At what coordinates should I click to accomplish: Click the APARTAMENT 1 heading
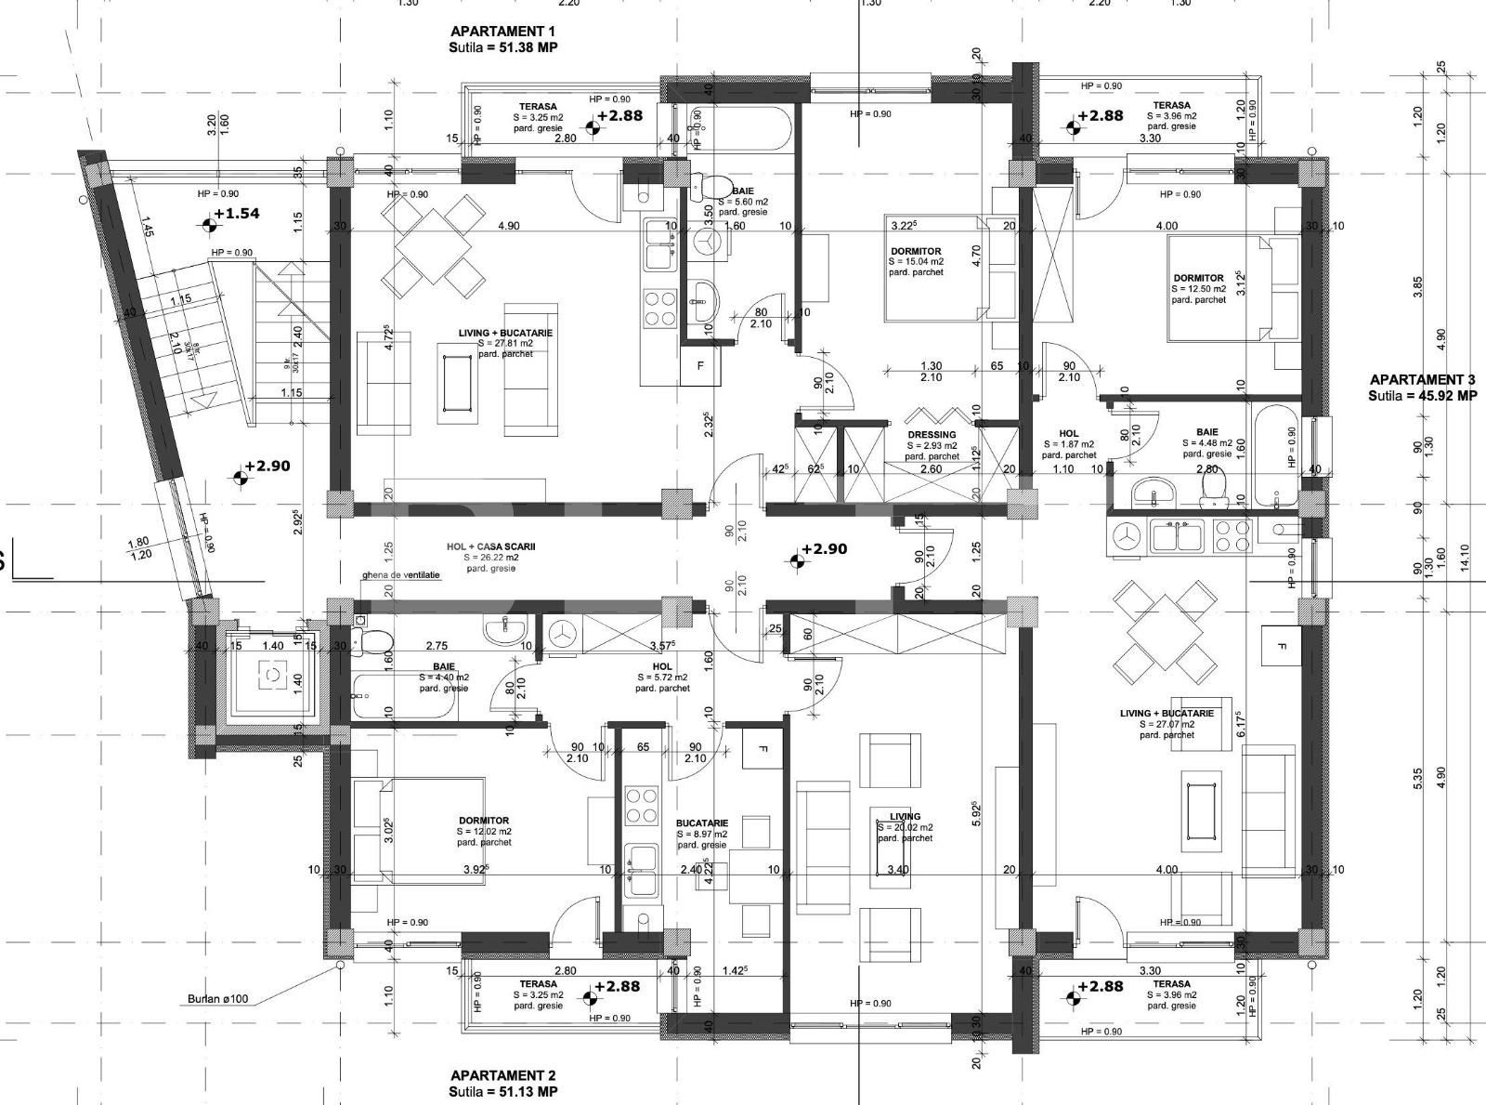pyautogui.click(x=502, y=32)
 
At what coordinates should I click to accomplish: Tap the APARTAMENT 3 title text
pyautogui.click(x=1422, y=379)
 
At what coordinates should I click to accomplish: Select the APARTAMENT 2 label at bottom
pyautogui.click(x=502, y=1075)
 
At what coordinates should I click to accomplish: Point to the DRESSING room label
pyautogui.click(x=932, y=435)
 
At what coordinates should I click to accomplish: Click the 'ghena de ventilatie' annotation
pyautogui.click(x=401, y=575)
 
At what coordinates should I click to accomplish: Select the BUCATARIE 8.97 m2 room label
pyautogui.click(x=702, y=823)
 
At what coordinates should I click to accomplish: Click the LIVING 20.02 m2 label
pyautogui.click(x=905, y=817)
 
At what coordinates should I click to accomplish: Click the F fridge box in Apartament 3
pyautogui.click(x=1282, y=647)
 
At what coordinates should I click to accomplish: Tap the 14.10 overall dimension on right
pyautogui.click(x=1466, y=556)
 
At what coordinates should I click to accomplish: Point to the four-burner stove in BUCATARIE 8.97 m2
pyautogui.click(x=640, y=806)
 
